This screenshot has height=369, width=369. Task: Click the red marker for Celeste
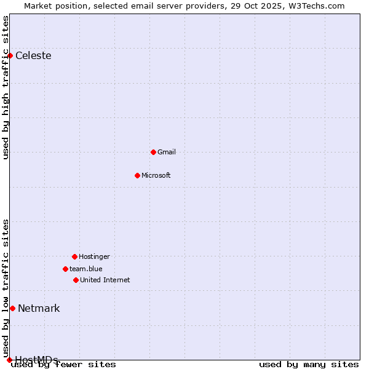tap(10, 56)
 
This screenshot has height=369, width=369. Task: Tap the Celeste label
tap(33, 56)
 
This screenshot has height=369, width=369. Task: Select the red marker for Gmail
tap(153, 152)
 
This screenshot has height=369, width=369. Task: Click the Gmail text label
tap(167, 152)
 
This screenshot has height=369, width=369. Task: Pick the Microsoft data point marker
tap(137, 175)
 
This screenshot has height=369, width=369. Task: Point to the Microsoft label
tap(156, 175)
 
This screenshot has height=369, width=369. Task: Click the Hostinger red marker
tap(74, 256)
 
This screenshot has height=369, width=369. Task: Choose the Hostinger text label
tap(94, 256)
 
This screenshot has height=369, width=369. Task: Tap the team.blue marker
tap(65, 269)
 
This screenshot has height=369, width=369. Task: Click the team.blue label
tap(86, 269)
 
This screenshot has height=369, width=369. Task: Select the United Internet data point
tap(76, 280)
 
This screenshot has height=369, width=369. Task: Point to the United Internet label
tap(105, 280)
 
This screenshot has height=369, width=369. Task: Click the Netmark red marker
tap(12, 308)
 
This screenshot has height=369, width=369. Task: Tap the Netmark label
tap(39, 308)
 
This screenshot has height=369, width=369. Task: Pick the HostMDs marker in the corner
tap(9, 360)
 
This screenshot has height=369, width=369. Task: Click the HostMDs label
tap(36, 360)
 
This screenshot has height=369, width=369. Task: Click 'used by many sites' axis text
tap(309, 365)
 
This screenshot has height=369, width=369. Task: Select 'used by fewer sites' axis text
tap(64, 365)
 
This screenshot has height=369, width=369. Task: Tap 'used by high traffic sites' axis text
tap(6, 87)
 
